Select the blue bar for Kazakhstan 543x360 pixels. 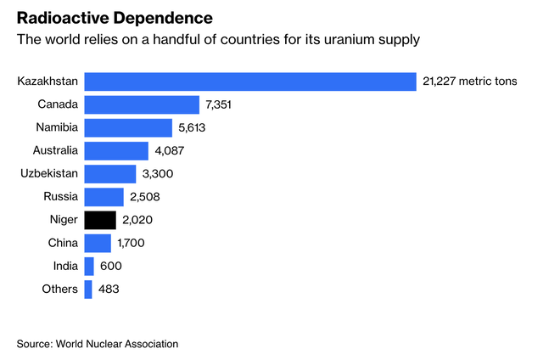pyautogui.click(x=250, y=82)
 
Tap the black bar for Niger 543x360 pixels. pyautogui.click(x=100, y=220)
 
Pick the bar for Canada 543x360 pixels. pyautogui.click(x=142, y=104)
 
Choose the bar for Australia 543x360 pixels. pyautogui.click(x=117, y=150)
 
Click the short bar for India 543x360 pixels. pyautogui.click(x=89, y=266)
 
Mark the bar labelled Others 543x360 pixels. pyautogui.click(x=88, y=290)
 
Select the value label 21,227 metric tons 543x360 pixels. pyautogui.click(x=469, y=82)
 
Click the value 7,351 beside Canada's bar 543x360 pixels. pyautogui.click(x=220, y=104)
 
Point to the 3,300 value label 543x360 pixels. pyautogui.click(x=160, y=174)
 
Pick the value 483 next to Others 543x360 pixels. pyautogui.click(x=109, y=290)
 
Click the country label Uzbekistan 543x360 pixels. pyautogui.click(x=49, y=174)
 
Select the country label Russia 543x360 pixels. pyautogui.click(x=60, y=197)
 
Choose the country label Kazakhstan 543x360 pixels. pyautogui.click(x=48, y=82)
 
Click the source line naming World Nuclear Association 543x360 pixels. pyautogui.click(x=98, y=344)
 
